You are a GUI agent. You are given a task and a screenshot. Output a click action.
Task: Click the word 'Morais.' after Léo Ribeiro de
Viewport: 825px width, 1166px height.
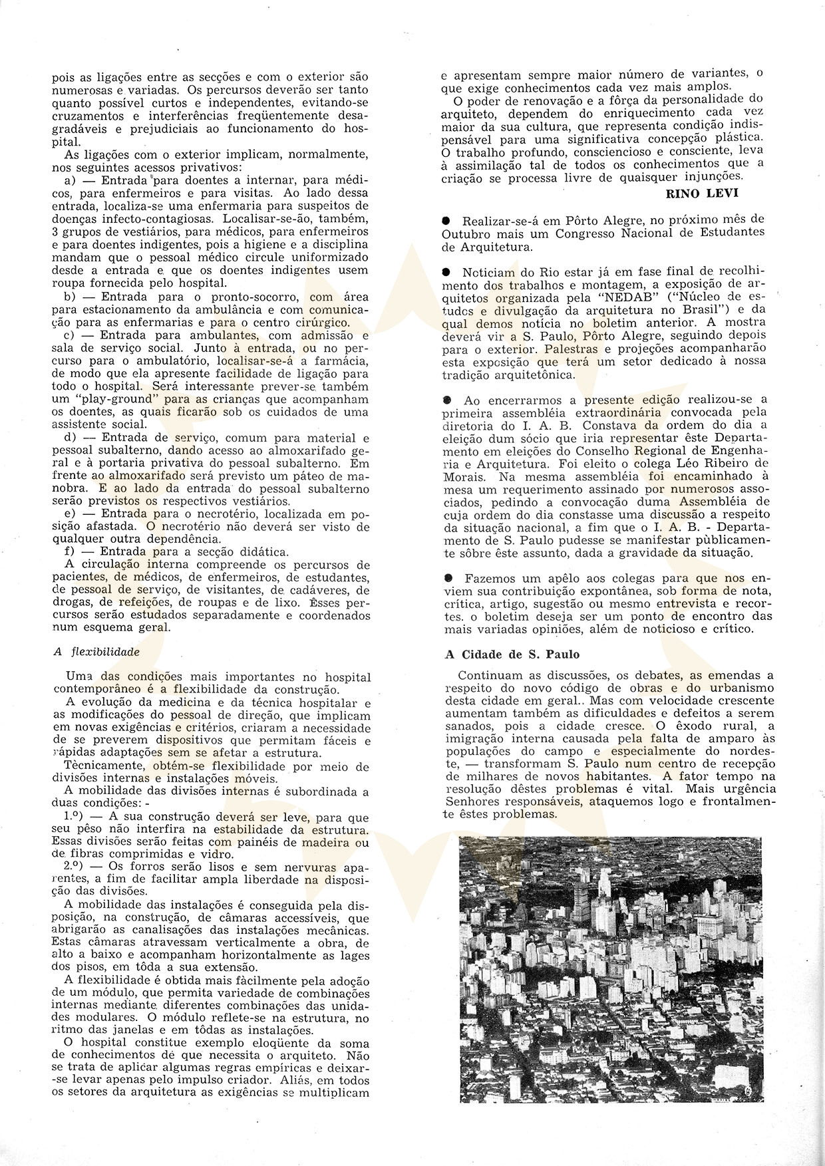point(464,476)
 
